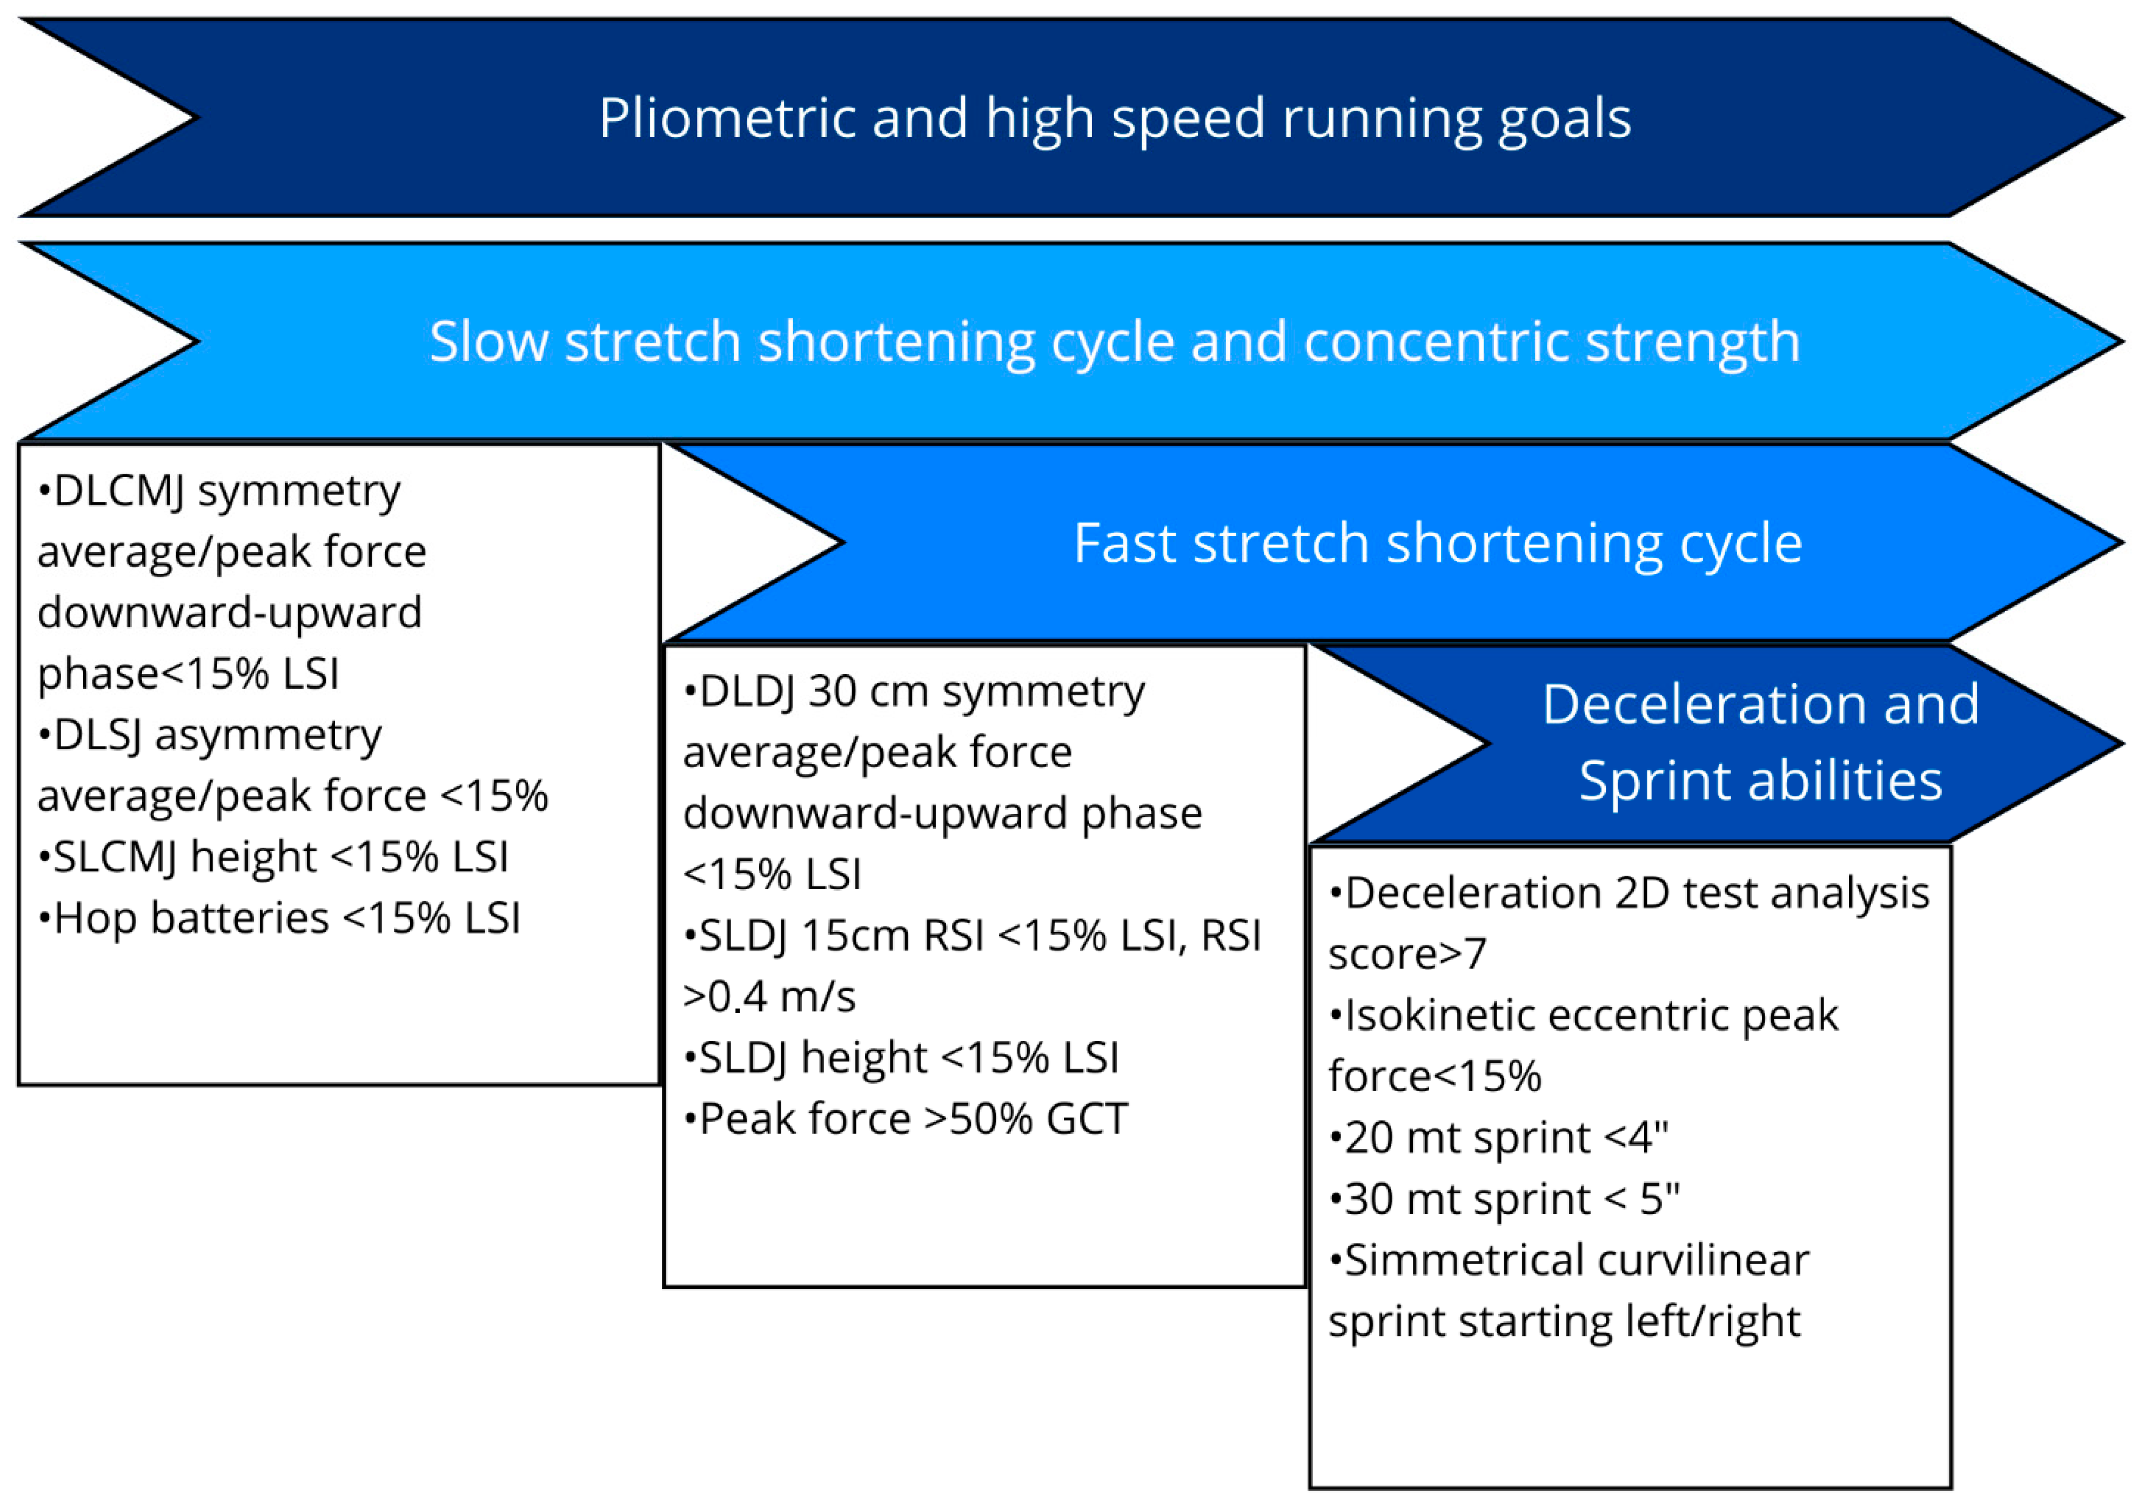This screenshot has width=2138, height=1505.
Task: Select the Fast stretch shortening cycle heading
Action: point(1438,545)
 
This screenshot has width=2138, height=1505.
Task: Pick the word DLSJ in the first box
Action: point(98,735)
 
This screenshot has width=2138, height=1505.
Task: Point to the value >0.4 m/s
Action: point(769,997)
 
